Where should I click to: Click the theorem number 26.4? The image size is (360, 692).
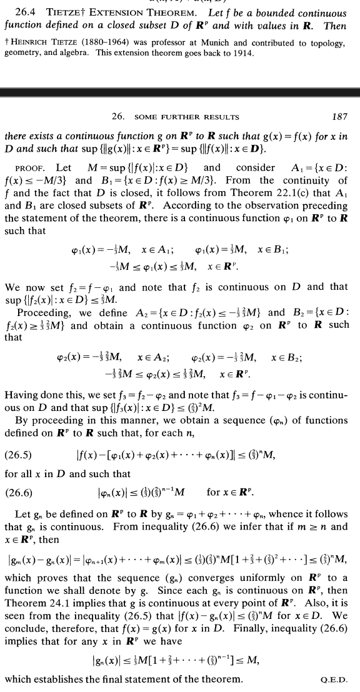[26, 13]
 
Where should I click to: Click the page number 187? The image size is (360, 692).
[340, 117]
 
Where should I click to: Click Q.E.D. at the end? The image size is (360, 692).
[336, 680]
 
